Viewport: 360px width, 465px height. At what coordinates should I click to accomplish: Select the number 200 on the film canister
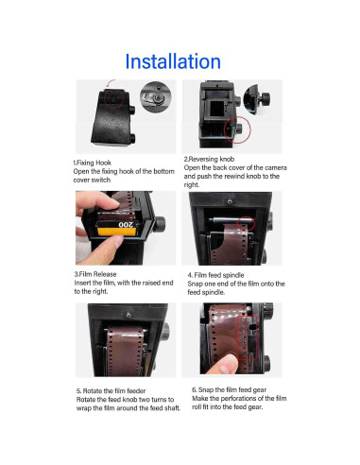click(125, 228)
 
